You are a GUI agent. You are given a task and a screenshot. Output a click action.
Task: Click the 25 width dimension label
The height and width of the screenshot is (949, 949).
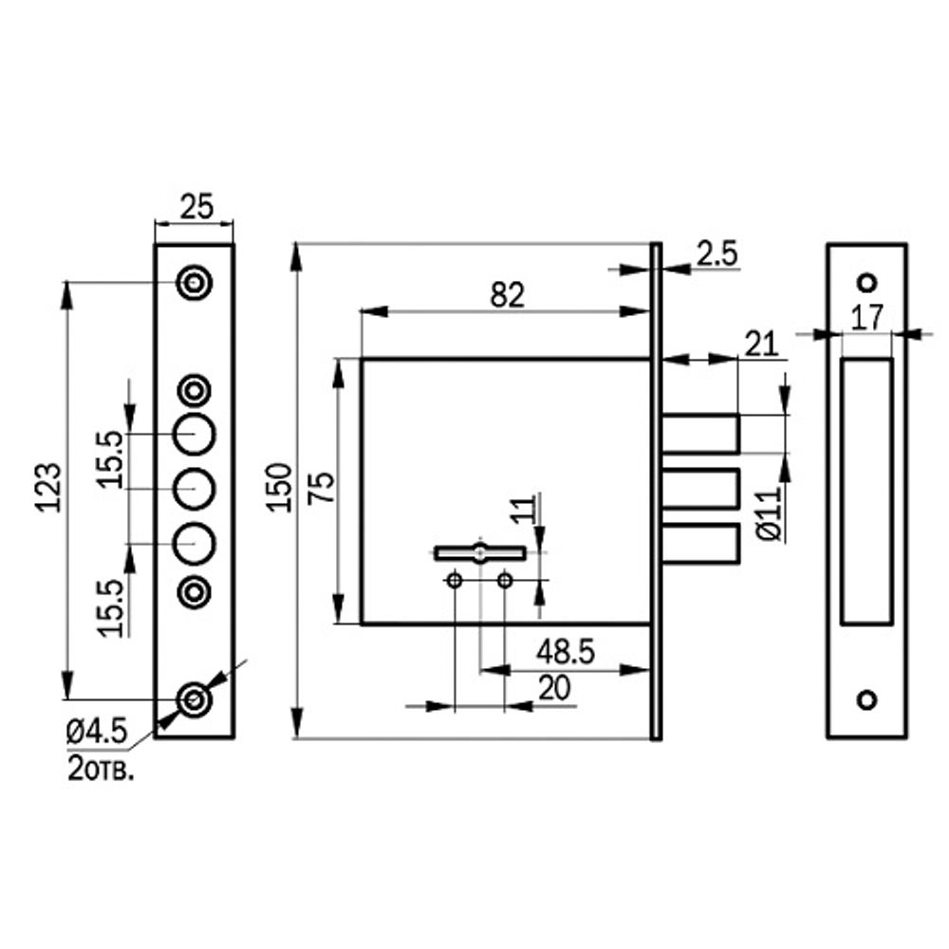point(197,207)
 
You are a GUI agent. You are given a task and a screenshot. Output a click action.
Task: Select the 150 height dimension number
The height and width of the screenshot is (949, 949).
point(279,488)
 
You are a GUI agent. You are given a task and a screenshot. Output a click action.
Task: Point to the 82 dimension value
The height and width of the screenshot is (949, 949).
point(507,295)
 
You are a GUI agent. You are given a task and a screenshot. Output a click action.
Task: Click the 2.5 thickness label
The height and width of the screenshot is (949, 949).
point(717,253)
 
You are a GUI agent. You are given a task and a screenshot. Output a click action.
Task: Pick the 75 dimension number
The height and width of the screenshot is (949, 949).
point(322,487)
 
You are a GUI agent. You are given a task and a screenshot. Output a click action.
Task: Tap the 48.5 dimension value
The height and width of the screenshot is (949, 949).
point(566,652)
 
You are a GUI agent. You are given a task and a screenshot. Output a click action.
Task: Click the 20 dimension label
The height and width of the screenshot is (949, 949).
point(554,688)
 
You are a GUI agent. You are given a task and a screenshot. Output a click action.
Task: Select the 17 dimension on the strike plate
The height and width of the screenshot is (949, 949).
point(867,317)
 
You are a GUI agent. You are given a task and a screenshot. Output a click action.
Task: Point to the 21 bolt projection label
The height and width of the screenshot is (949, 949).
point(761,345)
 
